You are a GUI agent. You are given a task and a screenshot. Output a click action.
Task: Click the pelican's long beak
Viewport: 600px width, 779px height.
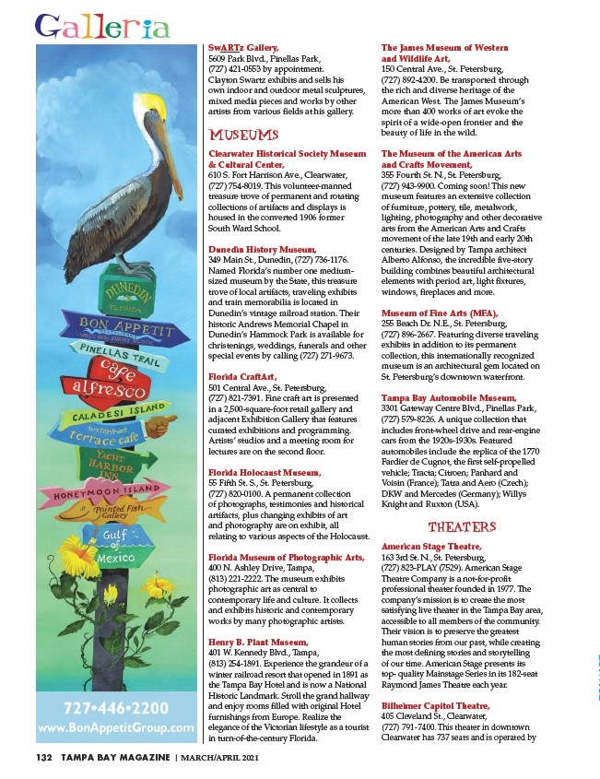tap(148, 138)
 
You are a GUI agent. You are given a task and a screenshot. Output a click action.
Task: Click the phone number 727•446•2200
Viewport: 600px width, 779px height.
tap(115, 711)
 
